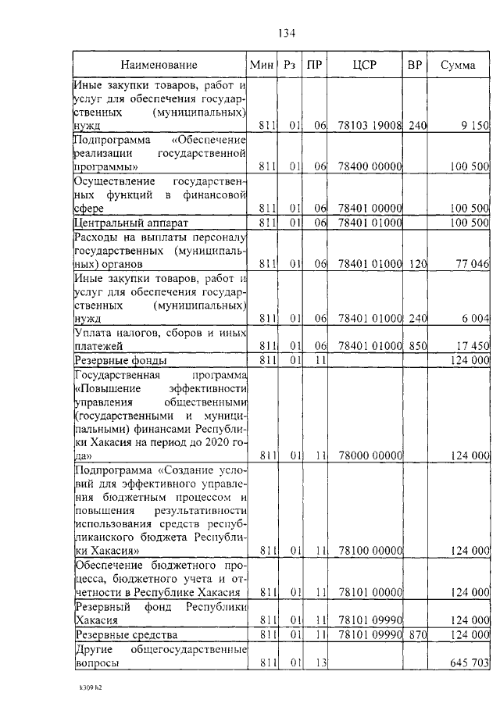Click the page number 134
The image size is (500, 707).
285,32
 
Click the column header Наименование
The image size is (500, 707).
159,65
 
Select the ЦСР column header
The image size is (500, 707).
364,65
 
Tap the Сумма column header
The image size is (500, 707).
458,65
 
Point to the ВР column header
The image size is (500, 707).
414,65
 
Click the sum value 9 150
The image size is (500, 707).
474,125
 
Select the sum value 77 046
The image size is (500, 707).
471,264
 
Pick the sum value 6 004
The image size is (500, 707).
474,318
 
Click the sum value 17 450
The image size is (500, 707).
471,345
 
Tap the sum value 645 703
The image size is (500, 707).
469,662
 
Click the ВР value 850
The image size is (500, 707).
417,345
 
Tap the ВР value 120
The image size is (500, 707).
417,264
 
